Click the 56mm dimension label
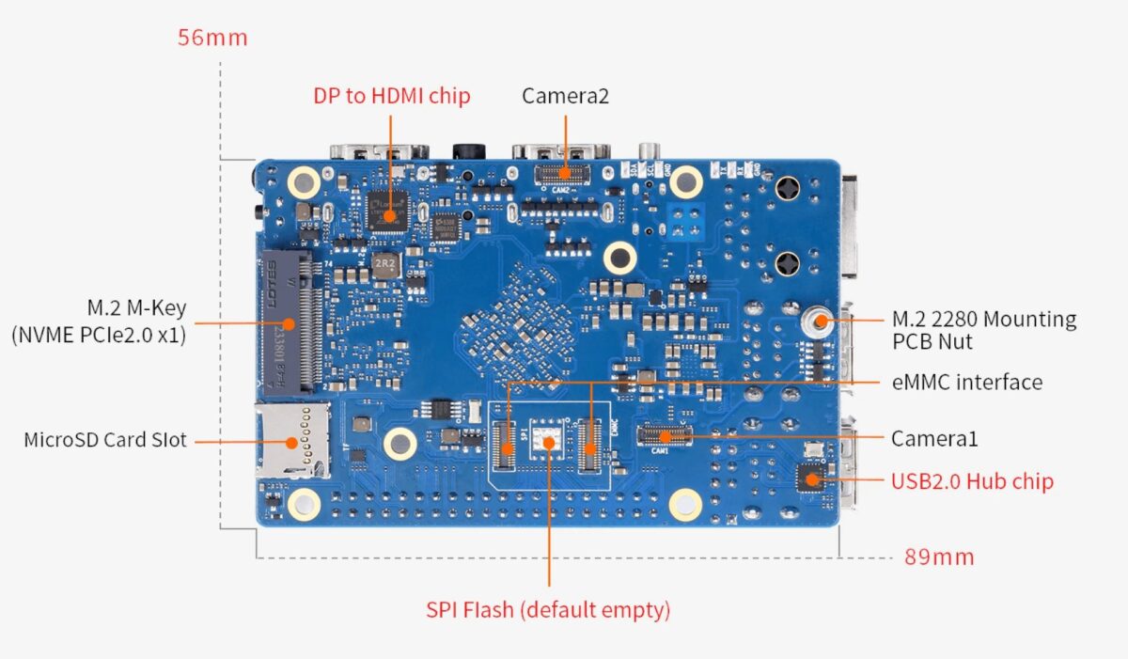[x=212, y=38]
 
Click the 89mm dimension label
[x=939, y=557]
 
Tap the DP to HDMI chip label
[x=391, y=95]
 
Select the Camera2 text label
[x=566, y=95]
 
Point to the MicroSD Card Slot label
[x=105, y=439]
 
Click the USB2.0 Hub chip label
[x=972, y=481]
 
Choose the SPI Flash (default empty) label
[x=548, y=609]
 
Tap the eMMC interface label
[x=966, y=382]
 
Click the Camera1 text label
[x=934, y=438]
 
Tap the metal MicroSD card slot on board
[x=292, y=440]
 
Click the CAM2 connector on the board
[x=565, y=172]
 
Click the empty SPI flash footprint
[x=548, y=439]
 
